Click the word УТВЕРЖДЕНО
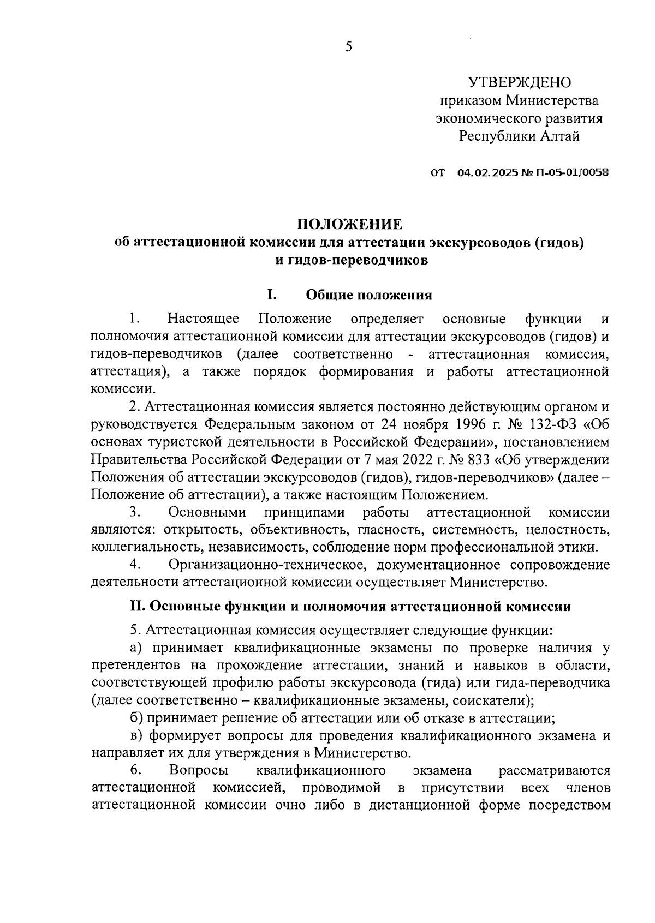(x=519, y=82)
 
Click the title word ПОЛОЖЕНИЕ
(x=349, y=224)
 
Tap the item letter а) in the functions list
(x=136, y=648)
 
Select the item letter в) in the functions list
(x=136, y=736)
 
